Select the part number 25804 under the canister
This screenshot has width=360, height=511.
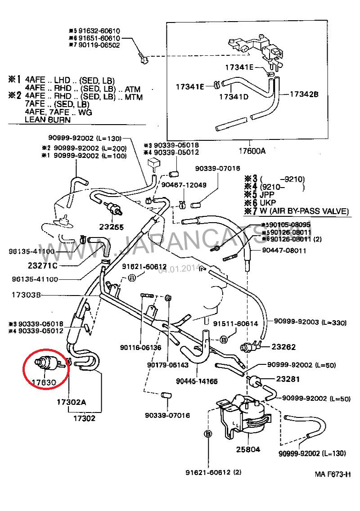coord(248,448)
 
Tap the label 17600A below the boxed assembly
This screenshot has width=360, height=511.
coord(250,151)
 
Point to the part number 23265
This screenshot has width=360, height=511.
coord(111,227)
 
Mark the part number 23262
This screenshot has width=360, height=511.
coord(283,347)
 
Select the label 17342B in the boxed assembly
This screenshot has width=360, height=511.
coord(304,94)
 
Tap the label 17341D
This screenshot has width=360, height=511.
coord(234,97)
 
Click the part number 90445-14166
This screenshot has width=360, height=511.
coord(197,381)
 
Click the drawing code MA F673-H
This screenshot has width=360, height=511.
coord(332,474)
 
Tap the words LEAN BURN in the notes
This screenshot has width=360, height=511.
coord(47,120)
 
